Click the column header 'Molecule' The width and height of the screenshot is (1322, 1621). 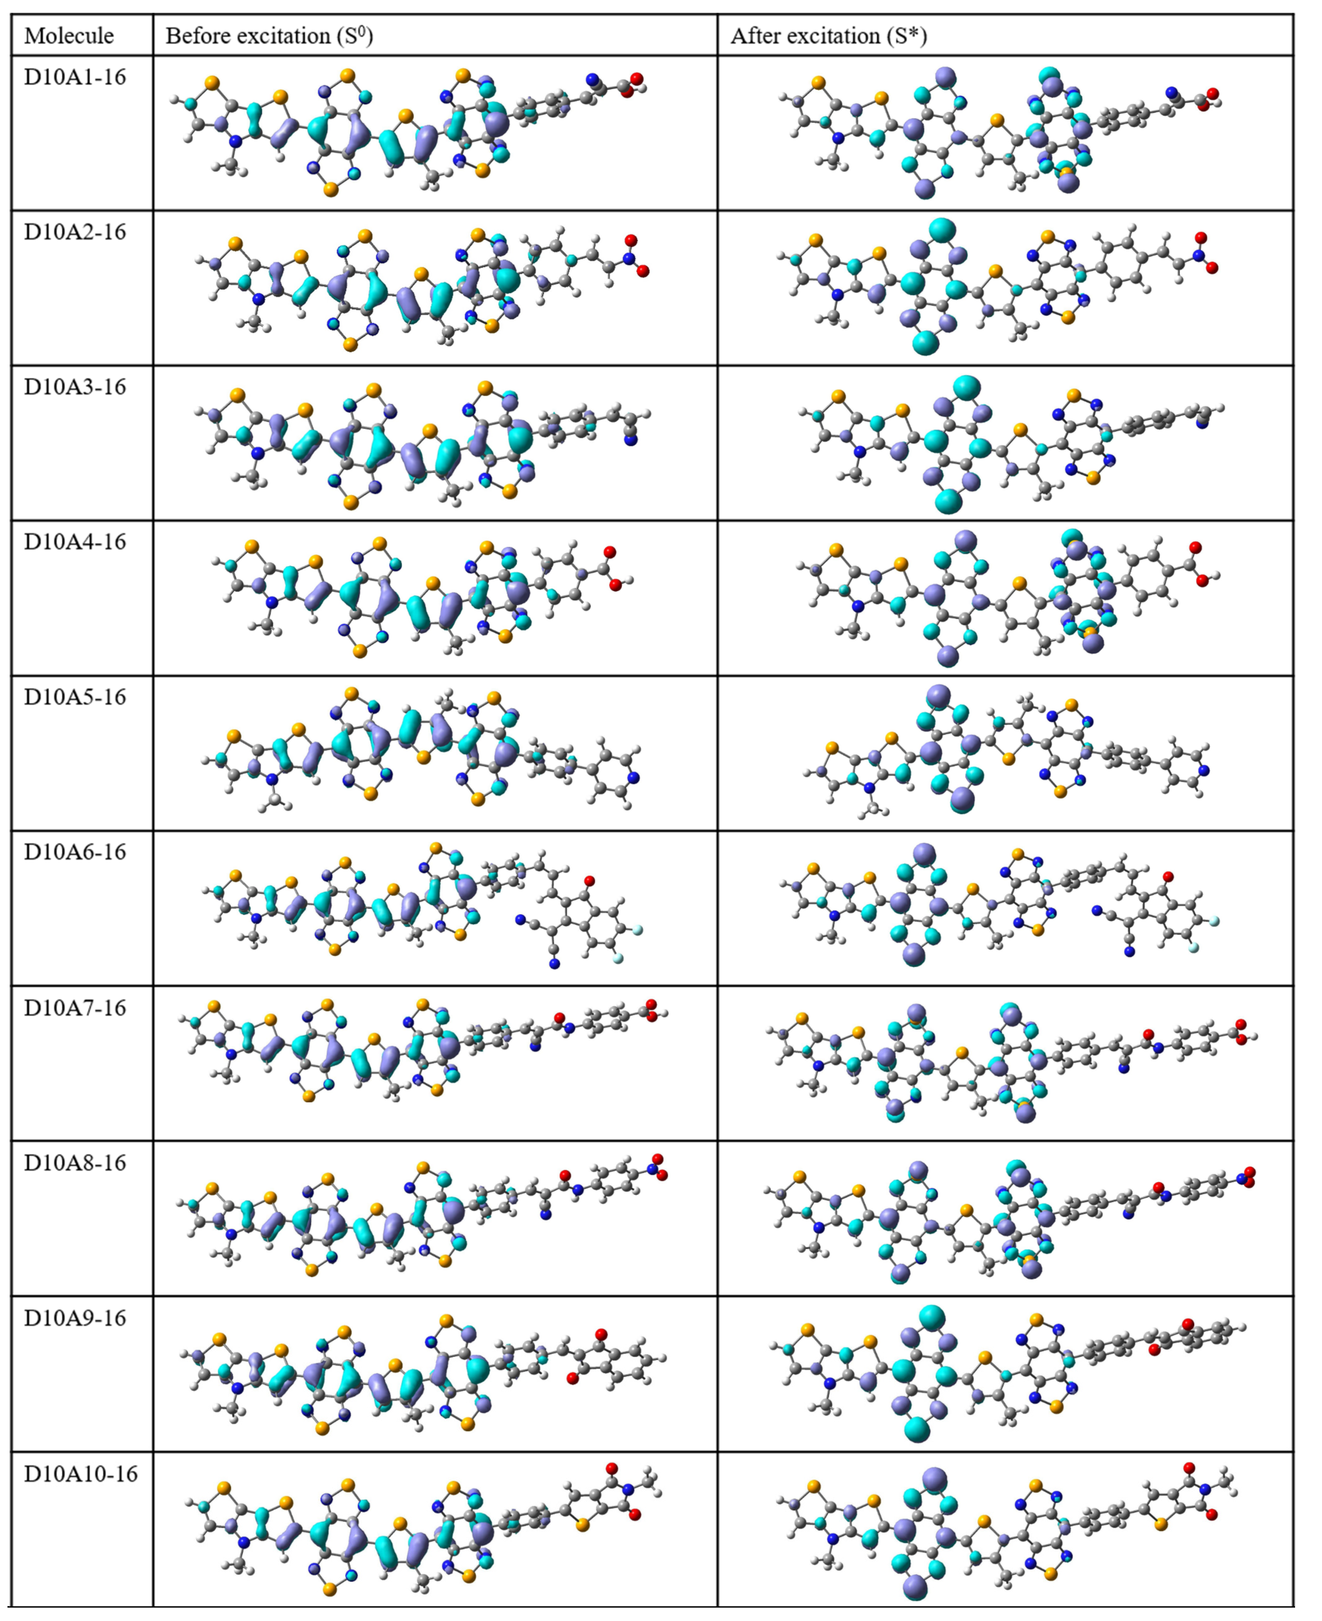pos(69,36)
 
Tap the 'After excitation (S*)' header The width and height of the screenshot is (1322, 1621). pos(828,36)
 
